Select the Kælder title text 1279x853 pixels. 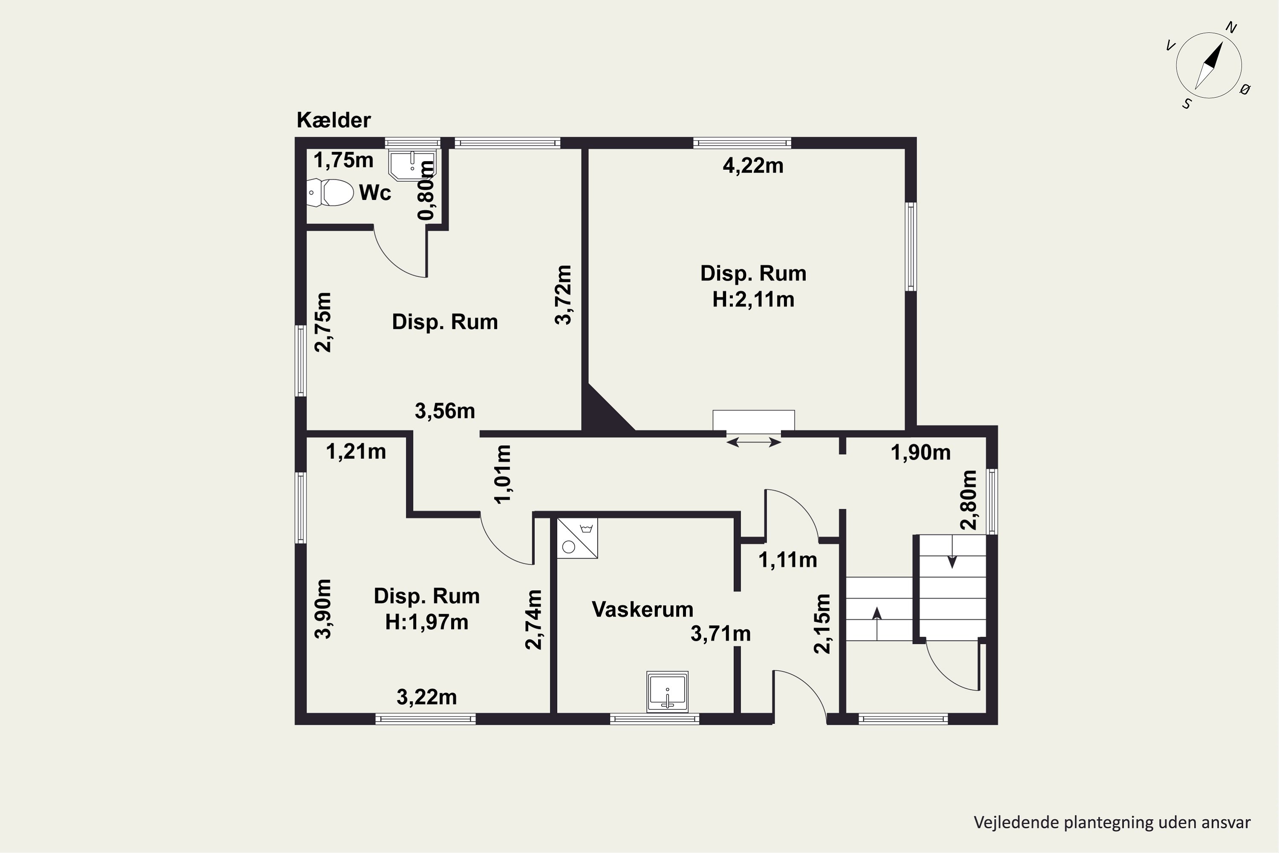[x=333, y=120]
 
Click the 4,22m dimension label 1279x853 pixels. [x=753, y=165]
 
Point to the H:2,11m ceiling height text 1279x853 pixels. [x=753, y=299]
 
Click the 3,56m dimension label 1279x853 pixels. [x=445, y=411]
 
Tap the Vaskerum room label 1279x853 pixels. [x=642, y=609]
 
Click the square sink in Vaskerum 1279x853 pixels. [x=667, y=691]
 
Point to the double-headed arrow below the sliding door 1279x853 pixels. [x=754, y=443]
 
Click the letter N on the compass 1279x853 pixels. [x=1231, y=28]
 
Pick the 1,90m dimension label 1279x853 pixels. [x=920, y=453]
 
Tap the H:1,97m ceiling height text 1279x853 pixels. [x=427, y=622]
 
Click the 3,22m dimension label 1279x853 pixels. [x=427, y=697]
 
